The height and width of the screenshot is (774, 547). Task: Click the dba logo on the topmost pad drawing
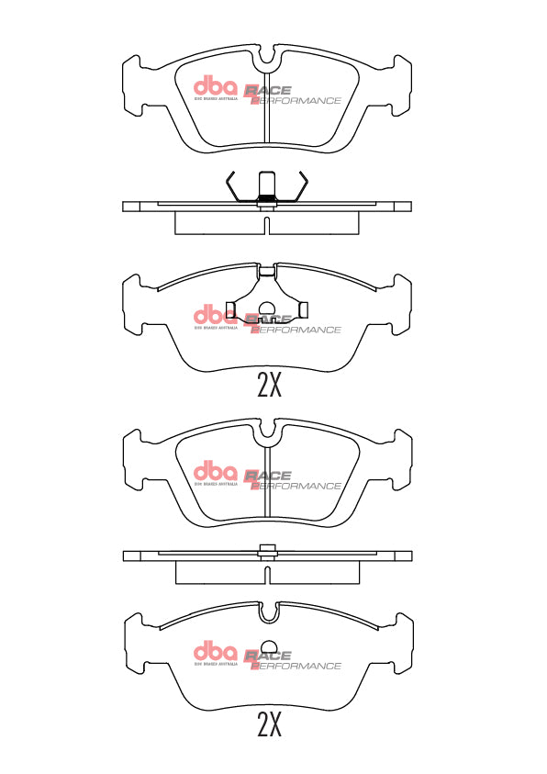coord(215,86)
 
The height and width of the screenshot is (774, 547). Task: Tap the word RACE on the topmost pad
coord(267,90)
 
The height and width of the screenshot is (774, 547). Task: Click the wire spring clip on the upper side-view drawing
coord(267,187)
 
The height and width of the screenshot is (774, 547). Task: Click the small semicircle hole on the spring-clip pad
coord(267,311)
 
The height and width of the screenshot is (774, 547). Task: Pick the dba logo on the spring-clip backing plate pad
coord(215,315)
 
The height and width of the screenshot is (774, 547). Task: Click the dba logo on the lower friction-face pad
coord(215,472)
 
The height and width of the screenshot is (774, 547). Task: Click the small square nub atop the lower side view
coord(267,551)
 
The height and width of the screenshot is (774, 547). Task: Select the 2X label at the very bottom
coord(268,725)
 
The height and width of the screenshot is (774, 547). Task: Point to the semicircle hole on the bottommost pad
coord(267,647)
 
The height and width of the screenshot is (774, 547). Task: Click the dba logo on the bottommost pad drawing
coord(215,652)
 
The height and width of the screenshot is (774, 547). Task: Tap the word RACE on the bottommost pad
coord(267,656)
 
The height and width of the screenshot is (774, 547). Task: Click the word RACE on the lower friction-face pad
coord(267,476)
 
